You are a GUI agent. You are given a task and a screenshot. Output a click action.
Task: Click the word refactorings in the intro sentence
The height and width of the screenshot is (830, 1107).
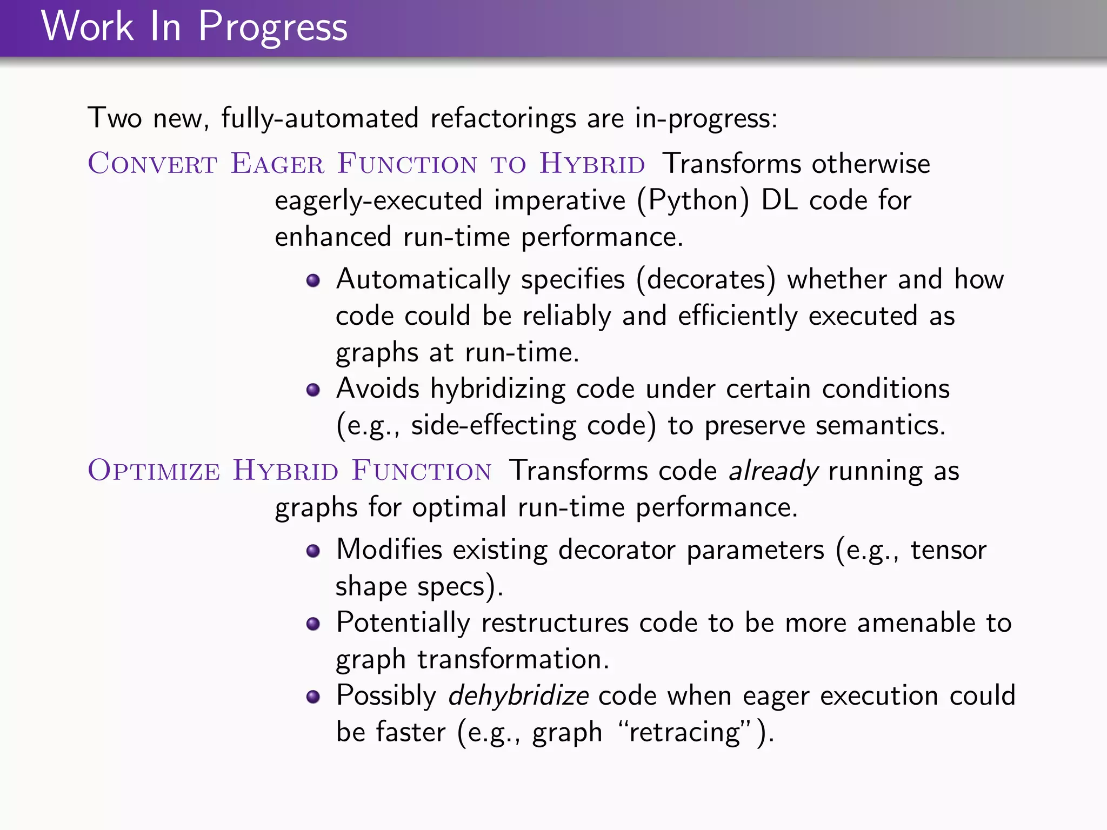coord(503,118)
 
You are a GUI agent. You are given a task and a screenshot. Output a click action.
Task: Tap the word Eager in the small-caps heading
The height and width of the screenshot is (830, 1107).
coord(277,163)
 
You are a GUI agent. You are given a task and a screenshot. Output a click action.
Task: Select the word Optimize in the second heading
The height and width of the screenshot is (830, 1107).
coord(154,470)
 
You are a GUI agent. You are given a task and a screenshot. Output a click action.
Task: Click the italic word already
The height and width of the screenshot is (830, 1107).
coord(773,471)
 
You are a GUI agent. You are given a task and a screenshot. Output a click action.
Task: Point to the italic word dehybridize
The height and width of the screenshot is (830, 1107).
coord(518,695)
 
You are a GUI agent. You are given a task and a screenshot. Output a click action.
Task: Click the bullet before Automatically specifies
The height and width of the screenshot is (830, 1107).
coord(313,280)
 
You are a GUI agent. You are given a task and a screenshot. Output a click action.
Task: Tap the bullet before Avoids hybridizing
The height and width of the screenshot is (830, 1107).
coord(313,390)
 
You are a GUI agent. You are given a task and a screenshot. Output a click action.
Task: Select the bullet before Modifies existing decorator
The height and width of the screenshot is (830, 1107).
coord(313,551)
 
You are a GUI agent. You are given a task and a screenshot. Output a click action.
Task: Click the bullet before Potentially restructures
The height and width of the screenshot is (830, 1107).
coord(313,624)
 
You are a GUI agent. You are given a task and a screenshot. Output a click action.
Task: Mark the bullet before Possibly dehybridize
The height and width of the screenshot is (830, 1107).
coord(313,697)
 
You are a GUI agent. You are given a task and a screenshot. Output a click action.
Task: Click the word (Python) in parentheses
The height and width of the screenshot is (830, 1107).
coord(693,200)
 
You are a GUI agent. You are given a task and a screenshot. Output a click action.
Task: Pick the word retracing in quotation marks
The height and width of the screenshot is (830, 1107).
coord(685,732)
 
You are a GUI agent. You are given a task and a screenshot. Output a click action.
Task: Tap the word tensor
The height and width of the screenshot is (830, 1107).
coord(948,550)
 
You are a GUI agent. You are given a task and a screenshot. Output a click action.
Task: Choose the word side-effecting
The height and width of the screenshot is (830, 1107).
coord(493,425)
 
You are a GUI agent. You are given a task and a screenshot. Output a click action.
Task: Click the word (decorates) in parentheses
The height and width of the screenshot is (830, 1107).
coord(706,280)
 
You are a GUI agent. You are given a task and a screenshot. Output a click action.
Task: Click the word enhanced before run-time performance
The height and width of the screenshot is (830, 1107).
coord(333,237)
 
